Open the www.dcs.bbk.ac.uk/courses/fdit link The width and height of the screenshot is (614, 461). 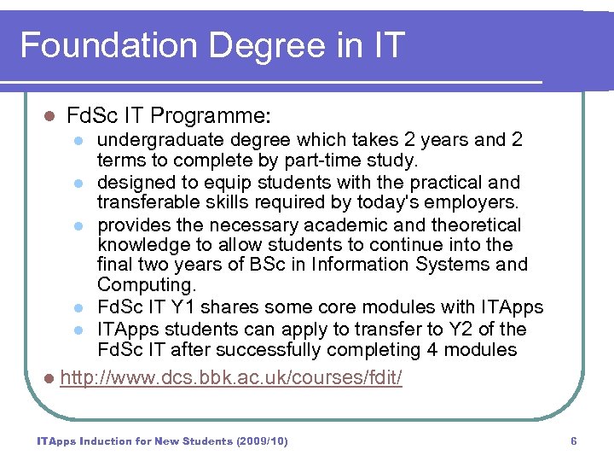tap(232, 377)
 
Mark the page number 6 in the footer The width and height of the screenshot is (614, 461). tap(574, 441)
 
